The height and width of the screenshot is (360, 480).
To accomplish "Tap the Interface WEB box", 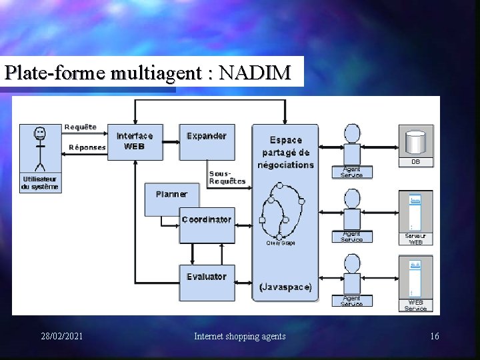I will tap(135, 141).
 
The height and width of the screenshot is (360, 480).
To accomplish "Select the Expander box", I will tap(207, 141).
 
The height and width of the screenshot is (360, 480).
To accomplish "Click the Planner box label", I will tap(171, 194).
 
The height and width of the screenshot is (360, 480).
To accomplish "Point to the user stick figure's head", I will tap(41, 134).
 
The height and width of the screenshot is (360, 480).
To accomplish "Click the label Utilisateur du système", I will tap(41, 183).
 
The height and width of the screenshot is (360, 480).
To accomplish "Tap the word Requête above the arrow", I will tap(81, 127).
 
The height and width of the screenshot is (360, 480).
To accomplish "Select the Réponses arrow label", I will tap(87, 147).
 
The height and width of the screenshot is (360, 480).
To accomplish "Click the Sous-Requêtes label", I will tap(227, 177).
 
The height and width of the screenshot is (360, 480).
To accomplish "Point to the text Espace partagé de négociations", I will tap(285, 152).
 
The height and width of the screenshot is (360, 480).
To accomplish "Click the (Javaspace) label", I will tap(285, 287).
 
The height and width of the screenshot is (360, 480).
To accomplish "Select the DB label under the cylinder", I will tap(416, 162).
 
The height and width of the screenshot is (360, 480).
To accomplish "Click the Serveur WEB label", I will tap(416, 239).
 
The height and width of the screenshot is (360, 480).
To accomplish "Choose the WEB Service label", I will tap(416, 305).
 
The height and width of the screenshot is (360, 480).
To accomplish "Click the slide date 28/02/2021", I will tap(62, 336).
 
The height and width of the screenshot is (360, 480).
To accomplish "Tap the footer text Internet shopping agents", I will tap(240, 336).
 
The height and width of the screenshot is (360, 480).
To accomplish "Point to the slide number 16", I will tap(435, 336).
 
